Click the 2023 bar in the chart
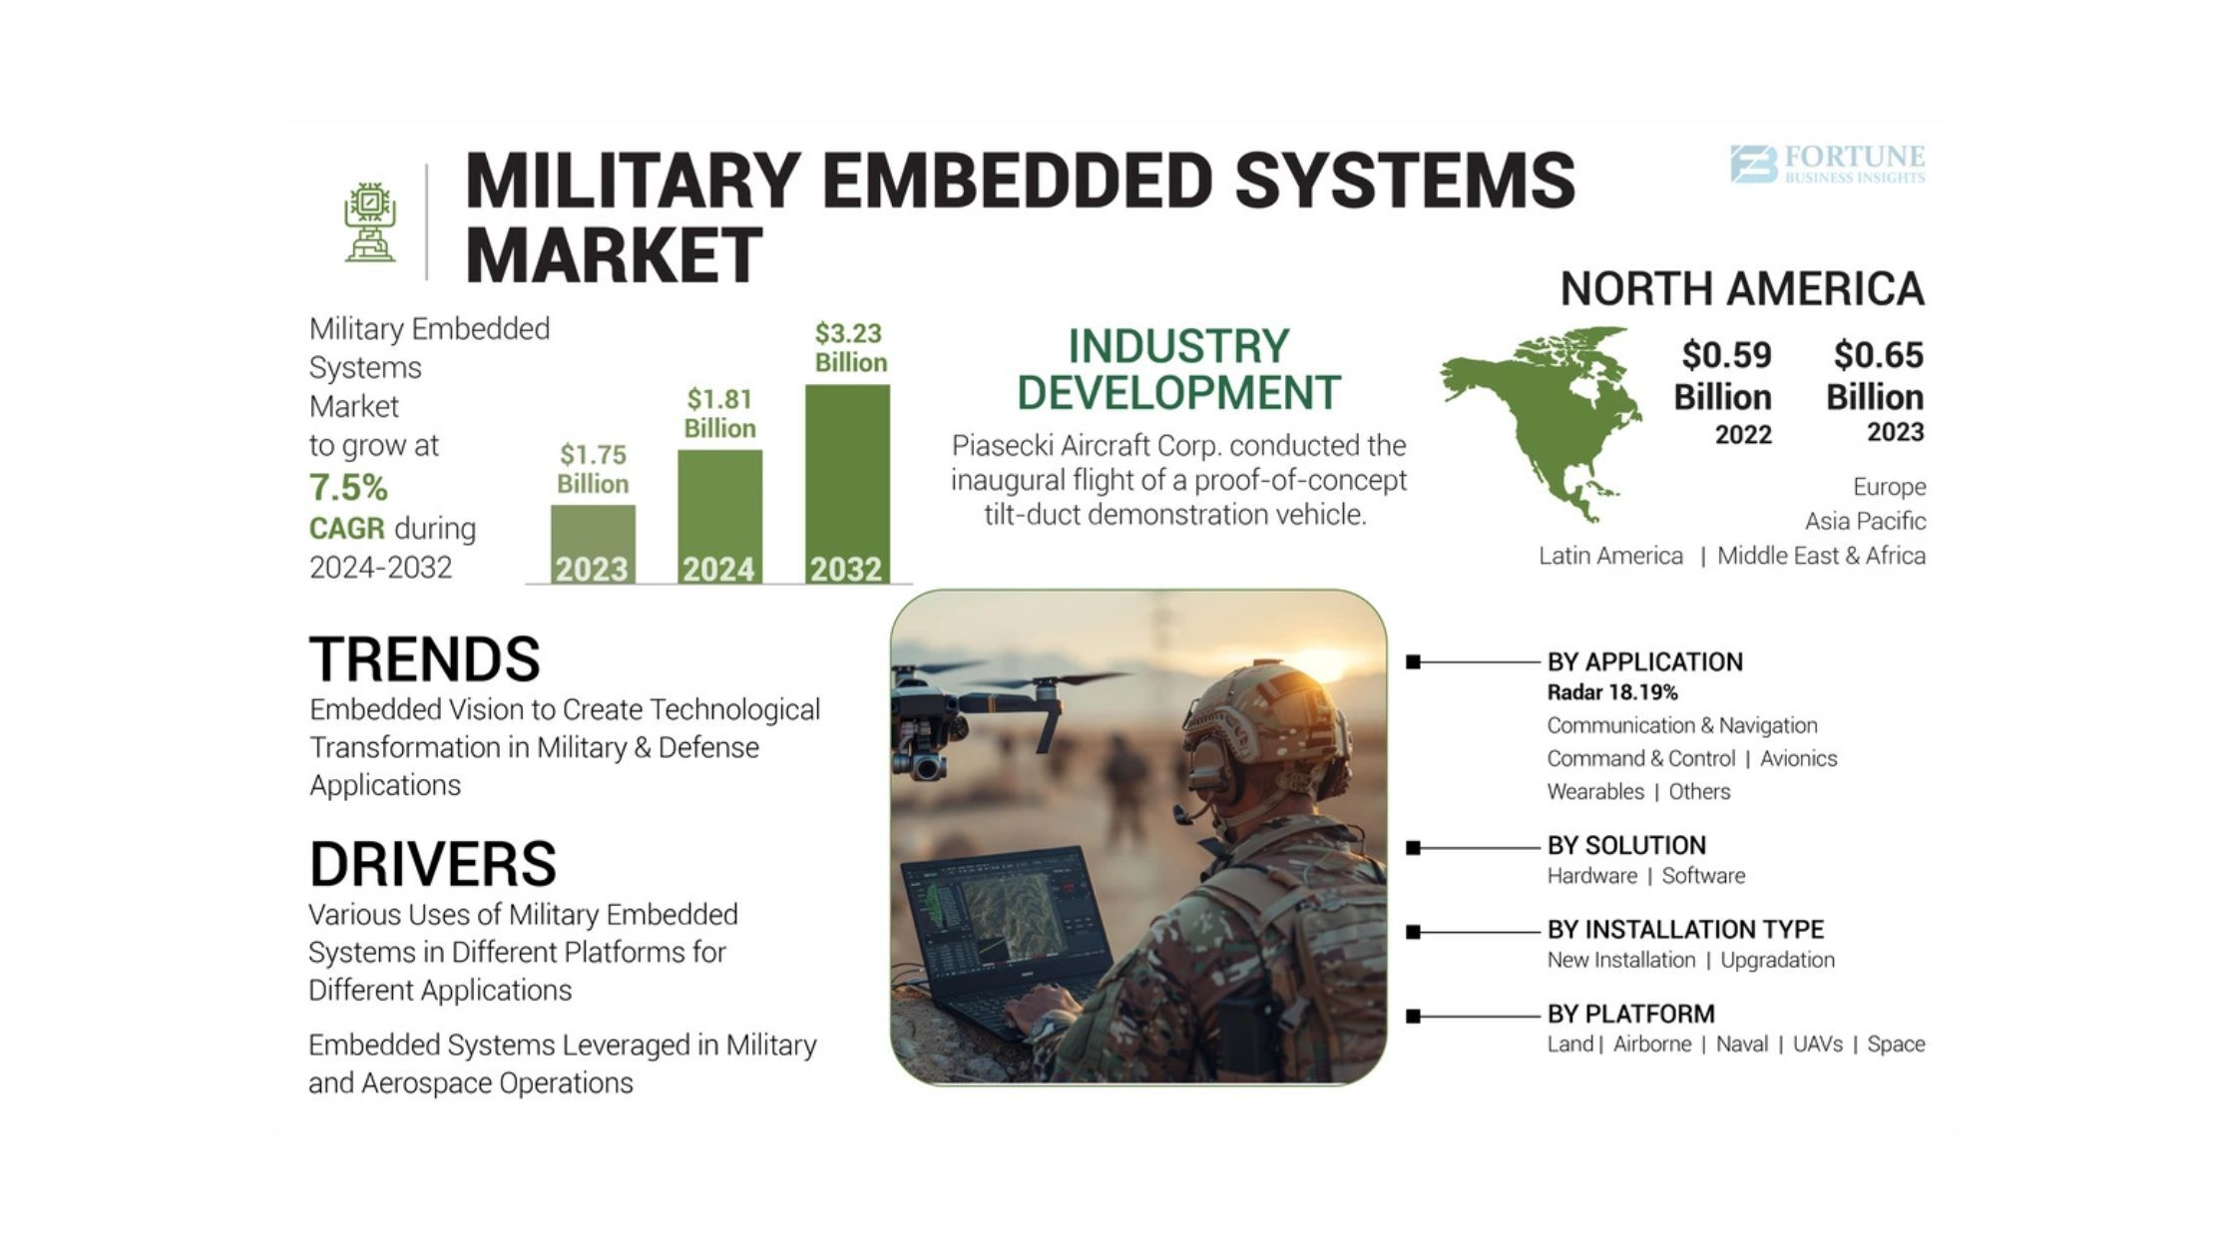[x=593, y=544]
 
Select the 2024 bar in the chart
[x=719, y=517]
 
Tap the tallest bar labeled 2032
[x=847, y=484]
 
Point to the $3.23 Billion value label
[x=850, y=347]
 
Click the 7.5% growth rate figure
[x=348, y=487]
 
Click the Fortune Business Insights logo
[x=1827, y=165]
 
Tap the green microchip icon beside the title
[x=370, y=222]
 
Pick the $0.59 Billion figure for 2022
[x=1724, y=375]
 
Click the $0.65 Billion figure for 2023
[x=1876, y=375]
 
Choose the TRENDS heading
[x=424, y=658]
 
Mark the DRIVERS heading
[x=432, y=863]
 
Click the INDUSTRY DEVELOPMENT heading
[x=1178, y=369]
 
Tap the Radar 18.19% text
[x=1612, y=692]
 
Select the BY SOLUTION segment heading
[x=1626, y=845]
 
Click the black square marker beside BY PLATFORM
[x=1413, y=1016]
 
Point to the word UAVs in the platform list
[x=1818, y=1044]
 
